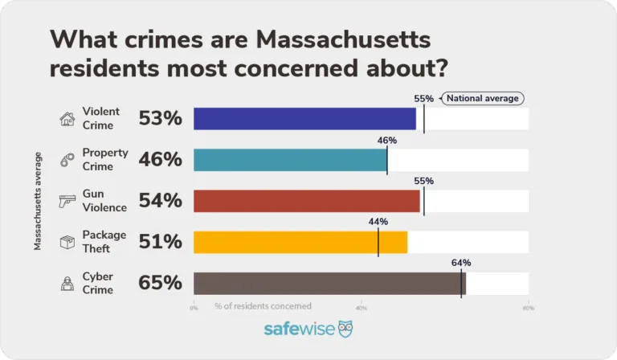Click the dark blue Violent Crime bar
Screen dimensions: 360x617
[x=305, y=119]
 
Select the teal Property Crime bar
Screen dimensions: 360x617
[x=290, y=160]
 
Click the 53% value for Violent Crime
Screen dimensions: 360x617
[x=161, y=119]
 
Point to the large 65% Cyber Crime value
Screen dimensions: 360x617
[x=161, y=283]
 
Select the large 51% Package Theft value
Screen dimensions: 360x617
[x=161, y=242]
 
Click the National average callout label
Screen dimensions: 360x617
[x=481, y=99]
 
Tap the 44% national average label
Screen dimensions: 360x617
[x=378, y=222]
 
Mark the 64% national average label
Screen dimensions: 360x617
[x=461, y=263]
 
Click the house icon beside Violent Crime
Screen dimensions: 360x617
[x=67, y=119]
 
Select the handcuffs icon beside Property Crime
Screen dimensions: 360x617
[x=67, y=160]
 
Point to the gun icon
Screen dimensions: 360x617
[x=67, y=201]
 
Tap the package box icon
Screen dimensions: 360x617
[x=67, y=242]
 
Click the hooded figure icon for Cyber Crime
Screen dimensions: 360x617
[x=67, y=283]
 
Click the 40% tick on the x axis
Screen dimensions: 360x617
[x=362, y=307]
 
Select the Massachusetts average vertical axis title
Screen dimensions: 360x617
[x=38, y=200]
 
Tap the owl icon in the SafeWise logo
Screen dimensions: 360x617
[x=344, y=329]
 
